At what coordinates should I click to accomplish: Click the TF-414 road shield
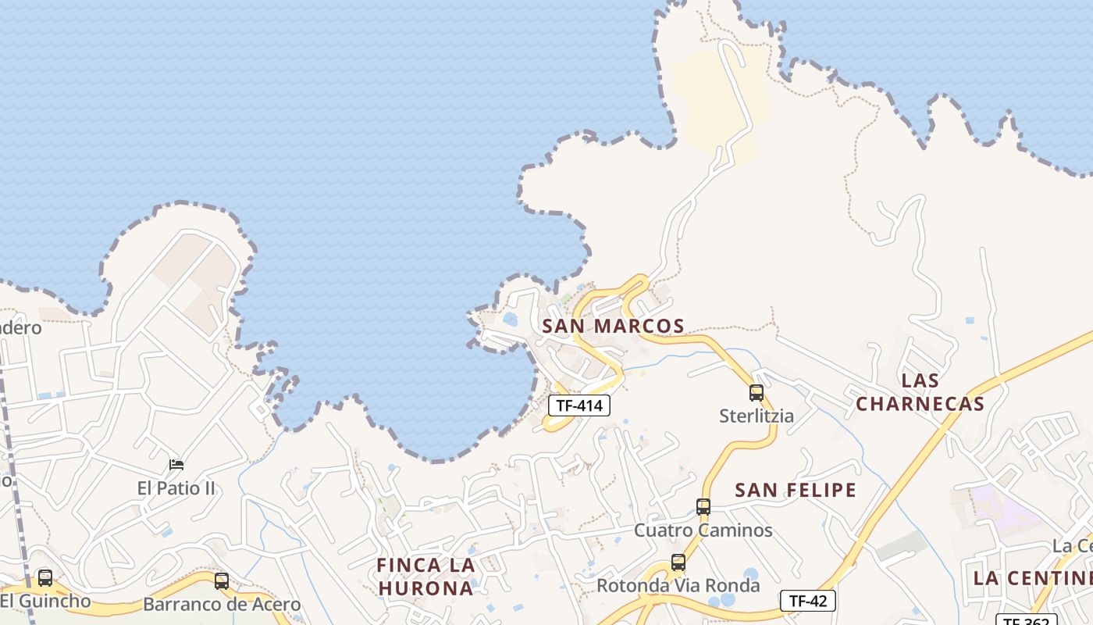coord(579,405)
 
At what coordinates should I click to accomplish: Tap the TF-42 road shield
coord(807,601)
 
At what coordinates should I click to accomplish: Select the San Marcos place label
coord(613,326)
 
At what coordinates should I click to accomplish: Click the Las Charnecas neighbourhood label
coord(920,392)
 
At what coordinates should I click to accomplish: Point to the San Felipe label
coord(796,490)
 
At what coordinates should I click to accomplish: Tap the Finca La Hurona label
coord(425,576)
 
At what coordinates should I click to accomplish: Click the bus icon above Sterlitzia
coord(756,392)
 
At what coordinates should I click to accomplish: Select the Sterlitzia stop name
coord(756,416)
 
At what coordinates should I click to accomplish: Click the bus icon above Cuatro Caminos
coord(703,507)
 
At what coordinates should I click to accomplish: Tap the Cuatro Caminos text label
coord(703,530)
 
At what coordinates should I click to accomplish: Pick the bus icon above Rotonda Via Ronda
coord(678,562)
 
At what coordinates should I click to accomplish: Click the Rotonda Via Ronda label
coord(678,586)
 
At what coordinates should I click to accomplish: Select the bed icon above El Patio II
coord(176,465)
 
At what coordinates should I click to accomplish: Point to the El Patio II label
coord(176,489)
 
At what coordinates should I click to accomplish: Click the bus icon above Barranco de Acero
coord(222,580)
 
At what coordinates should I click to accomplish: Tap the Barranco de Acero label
coord(222,605)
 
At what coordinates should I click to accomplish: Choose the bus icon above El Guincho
coord(45,578)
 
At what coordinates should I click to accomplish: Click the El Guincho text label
coord(45,602)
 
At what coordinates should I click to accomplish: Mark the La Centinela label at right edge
coord(1032,578)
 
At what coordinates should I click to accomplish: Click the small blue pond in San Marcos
coord(511,320)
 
